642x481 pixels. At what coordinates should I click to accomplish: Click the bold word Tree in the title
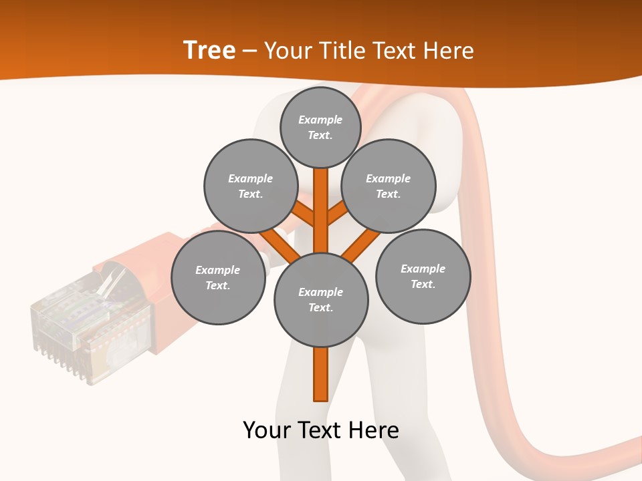point(209,50)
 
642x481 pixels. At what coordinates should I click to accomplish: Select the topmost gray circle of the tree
point(320,127)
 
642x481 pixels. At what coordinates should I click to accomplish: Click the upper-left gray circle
point(251,186)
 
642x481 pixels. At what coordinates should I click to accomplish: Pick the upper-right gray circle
point(389,186)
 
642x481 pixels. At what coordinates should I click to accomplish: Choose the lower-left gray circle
point(218,277)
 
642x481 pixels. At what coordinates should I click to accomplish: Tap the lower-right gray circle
point(423,276)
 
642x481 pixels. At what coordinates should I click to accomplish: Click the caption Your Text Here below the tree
point(321,430)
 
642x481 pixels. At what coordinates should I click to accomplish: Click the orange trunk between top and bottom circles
point(321,210)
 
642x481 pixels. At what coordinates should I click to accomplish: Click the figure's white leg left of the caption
point(291,414)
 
